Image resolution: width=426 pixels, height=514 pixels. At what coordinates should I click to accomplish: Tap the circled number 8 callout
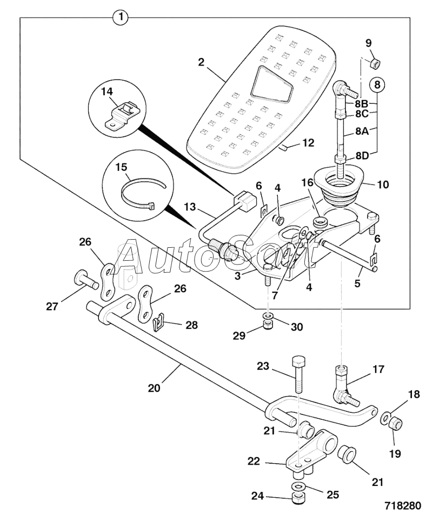377,85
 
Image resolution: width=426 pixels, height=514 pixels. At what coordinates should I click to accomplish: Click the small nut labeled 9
374,63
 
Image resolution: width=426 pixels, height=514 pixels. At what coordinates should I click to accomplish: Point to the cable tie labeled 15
144,194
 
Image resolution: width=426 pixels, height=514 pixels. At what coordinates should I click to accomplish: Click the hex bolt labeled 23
298,374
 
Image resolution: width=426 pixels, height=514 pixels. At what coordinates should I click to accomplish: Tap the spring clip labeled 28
158,322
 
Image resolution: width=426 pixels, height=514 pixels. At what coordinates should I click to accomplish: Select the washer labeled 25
298,485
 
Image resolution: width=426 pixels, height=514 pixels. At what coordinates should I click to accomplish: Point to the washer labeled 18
384,419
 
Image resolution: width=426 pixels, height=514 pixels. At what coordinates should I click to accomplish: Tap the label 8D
362,155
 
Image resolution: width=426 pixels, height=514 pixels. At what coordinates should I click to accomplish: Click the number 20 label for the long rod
154,388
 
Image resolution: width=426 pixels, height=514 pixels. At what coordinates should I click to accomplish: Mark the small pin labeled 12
283,148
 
